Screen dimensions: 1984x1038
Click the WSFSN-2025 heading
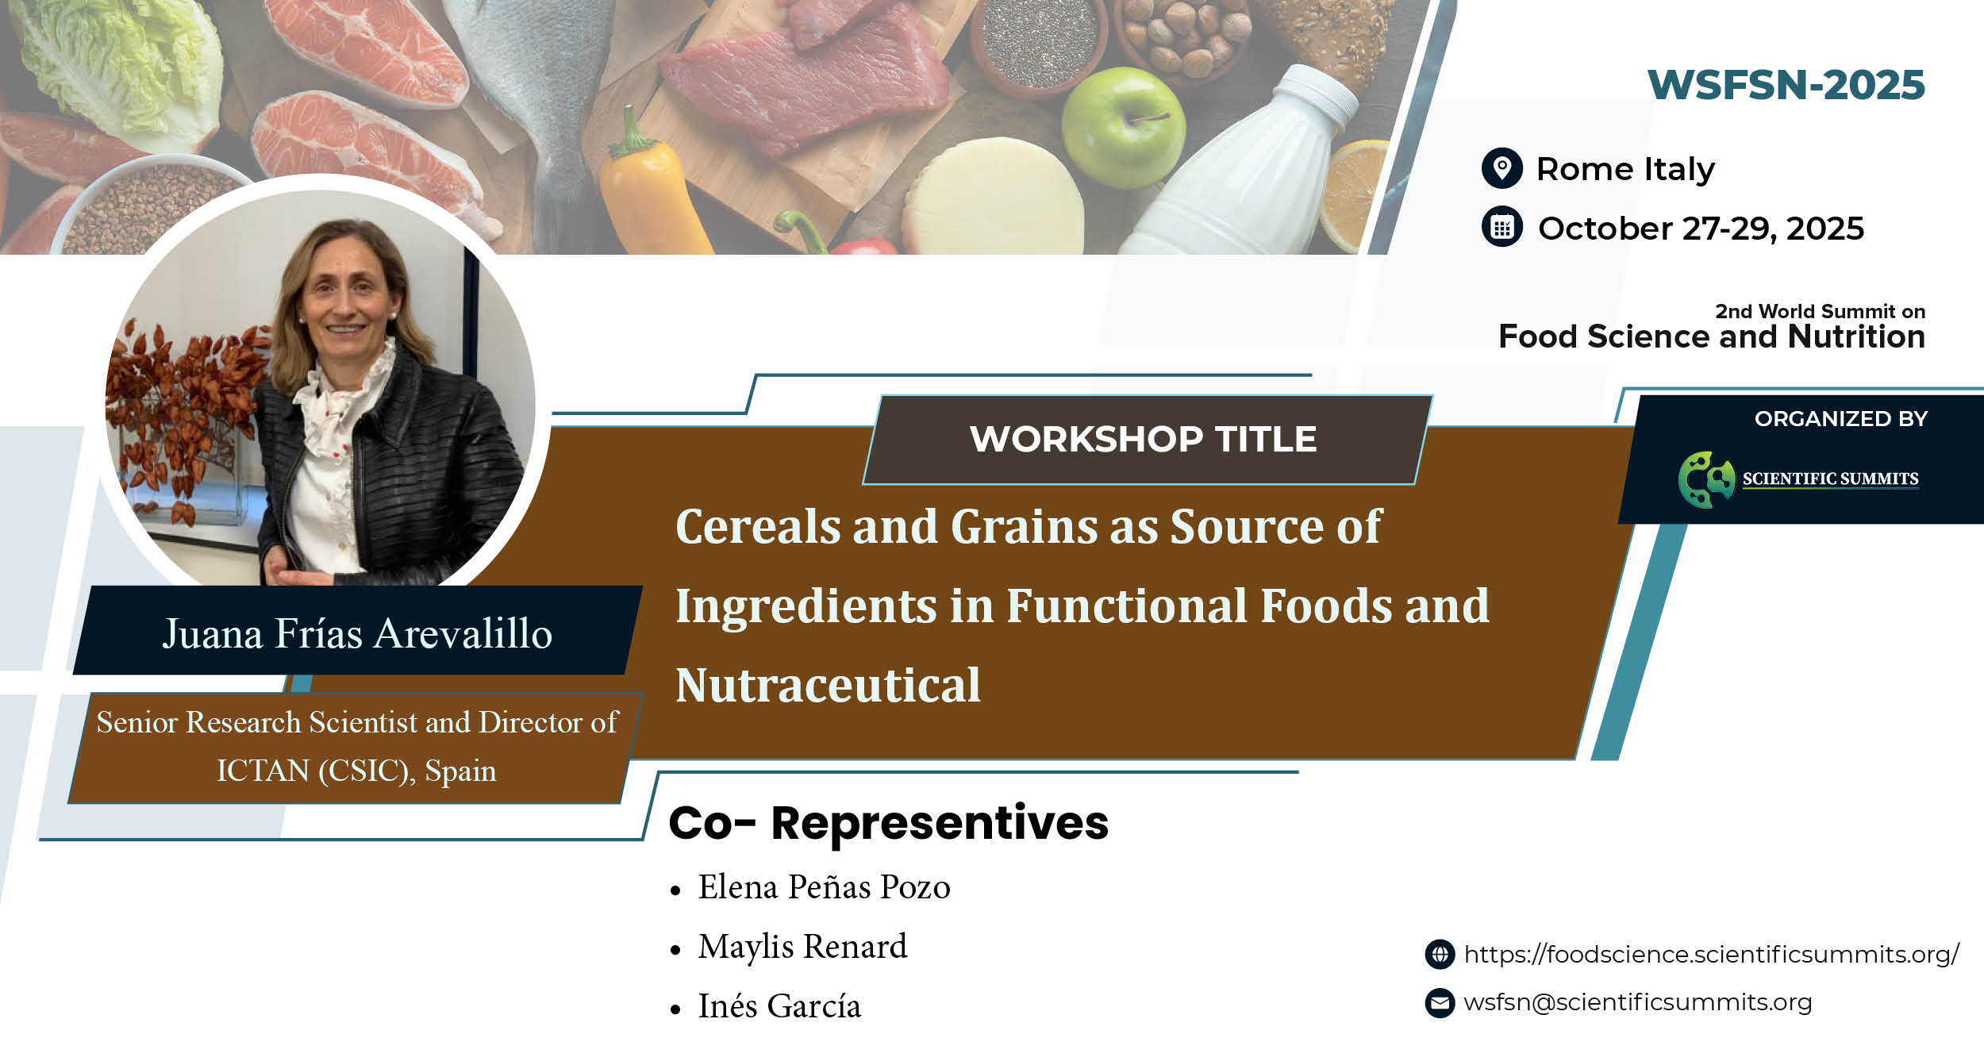(1786, 85)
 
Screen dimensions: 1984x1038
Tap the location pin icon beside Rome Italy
(1501, 168)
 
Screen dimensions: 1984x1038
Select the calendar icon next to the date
(1501, 228)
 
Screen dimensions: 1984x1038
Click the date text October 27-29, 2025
(1701, 229)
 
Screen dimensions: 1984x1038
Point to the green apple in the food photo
(1123, 127)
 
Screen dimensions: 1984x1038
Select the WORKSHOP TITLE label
(1143, 439)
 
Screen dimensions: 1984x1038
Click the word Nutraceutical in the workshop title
(828, 685)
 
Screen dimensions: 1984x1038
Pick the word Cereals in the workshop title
(757, 526)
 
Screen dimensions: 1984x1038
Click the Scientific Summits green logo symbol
(1706, 479)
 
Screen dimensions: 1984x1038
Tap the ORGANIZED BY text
(1841, 418)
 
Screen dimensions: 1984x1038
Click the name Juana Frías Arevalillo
(357, 633)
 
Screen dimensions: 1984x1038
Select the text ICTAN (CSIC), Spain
(356, 771)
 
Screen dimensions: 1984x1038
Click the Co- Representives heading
(889, 823)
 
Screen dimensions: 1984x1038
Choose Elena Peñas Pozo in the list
(824, 886)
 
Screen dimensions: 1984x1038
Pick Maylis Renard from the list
(802, 946)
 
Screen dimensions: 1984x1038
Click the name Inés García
(779, 1005)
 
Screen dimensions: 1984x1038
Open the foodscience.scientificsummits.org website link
(1711, 954)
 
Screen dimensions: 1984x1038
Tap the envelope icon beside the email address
(1440, 1002)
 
